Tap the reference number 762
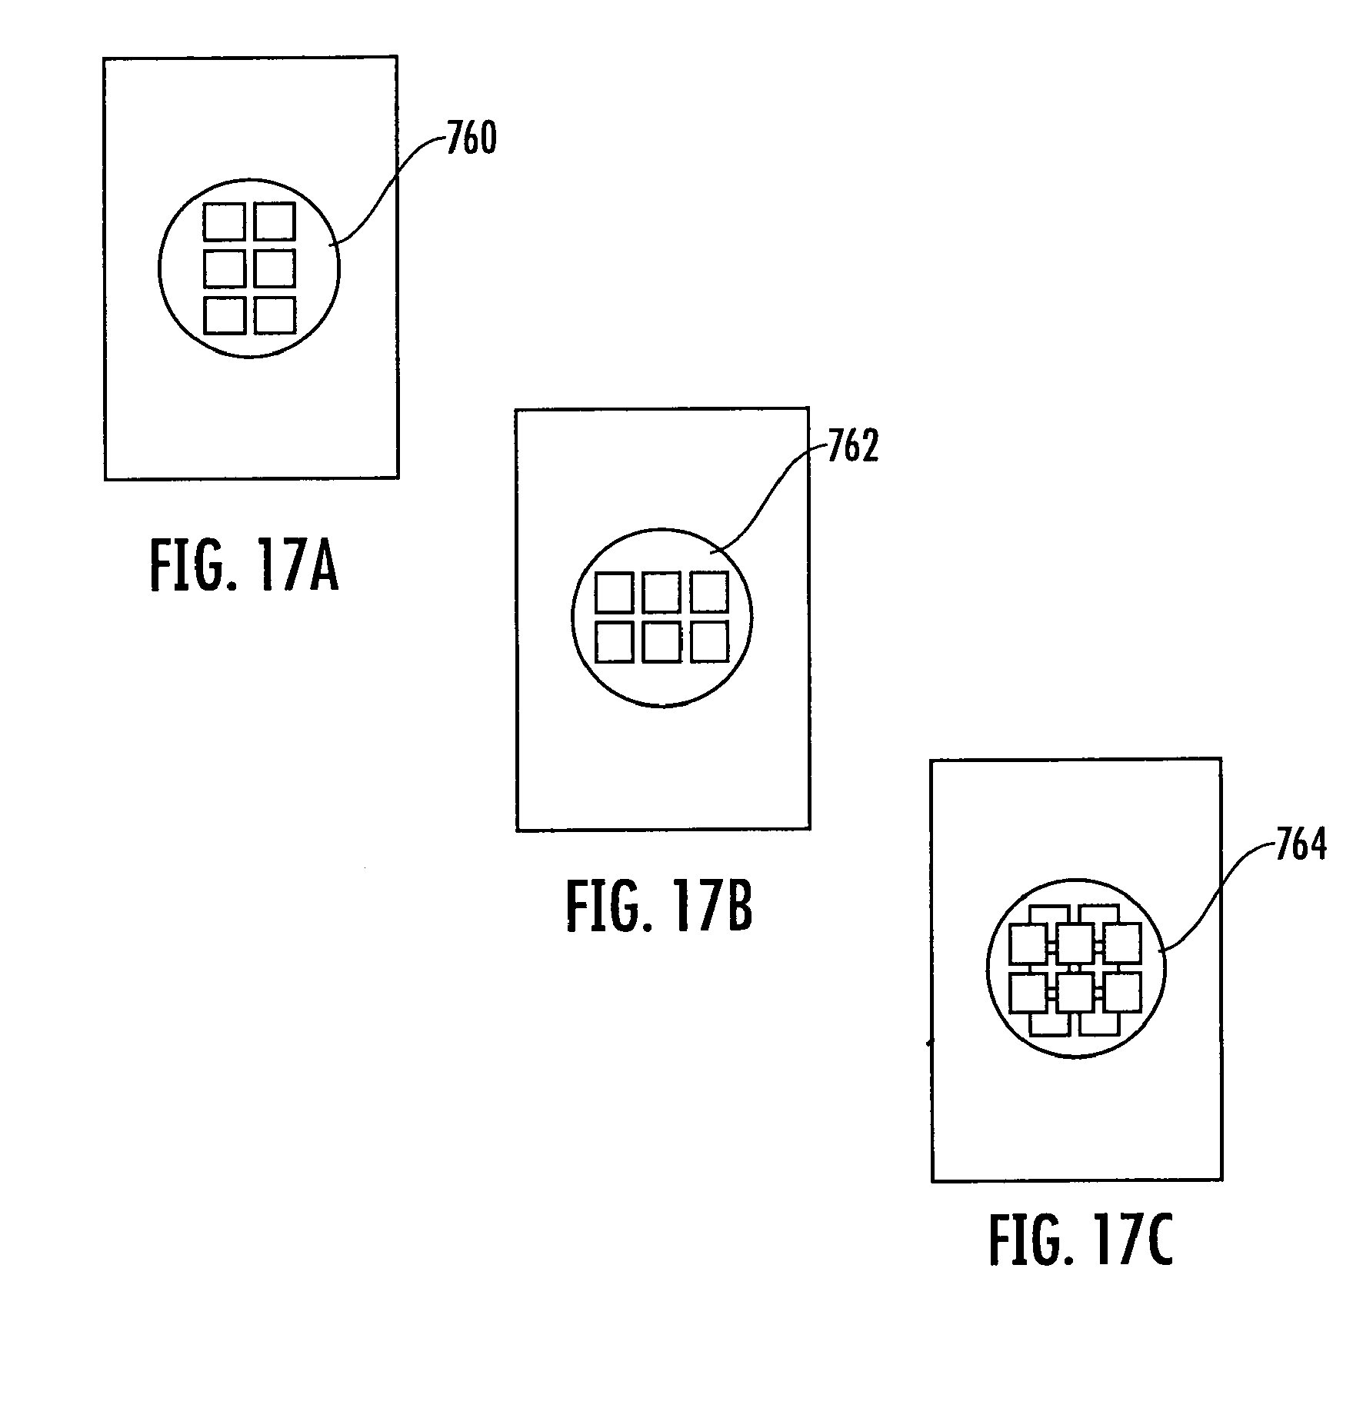tap(853, 448)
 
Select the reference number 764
tap(1301, 846)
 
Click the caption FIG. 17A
tap(244, 566)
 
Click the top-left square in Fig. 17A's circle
tap(225, 221)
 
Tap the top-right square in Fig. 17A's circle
tap(275, 221)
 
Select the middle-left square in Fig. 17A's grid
tap(225, 268)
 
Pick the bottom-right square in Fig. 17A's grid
tap(275, 315)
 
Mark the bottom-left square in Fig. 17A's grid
tap(225, 315)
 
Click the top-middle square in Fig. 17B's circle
tap(662, 593)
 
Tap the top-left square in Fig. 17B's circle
tap(615, 593)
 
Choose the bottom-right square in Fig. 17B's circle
tap(708, 641)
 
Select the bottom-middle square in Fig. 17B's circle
tap(662, 641)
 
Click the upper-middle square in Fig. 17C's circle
tap(1075, 944)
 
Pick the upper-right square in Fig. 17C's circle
tap(1123, 944)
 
